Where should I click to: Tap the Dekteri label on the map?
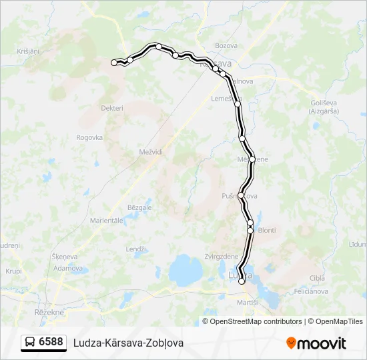coord(112,108)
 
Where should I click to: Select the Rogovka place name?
coord(89,137)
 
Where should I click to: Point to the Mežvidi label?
coord(151,152)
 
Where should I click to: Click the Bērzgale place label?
coord(139,207)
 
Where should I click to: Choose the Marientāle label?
coord(106,220)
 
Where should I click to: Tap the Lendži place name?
coord(136,249)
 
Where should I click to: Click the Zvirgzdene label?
coord(222,257)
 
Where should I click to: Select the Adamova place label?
coord(68,268)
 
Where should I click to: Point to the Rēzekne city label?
coord(48,311)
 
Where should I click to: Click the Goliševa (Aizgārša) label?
coord(324,107)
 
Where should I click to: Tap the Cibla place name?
coord(316,277)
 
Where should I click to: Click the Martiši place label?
coord(247,303)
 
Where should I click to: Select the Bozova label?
coord(226,45)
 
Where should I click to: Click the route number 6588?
coord(51,342)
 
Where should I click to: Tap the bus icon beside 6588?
coord(31,342)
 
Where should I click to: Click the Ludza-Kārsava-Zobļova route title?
coord(128,343)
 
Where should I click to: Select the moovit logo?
coord(316,343)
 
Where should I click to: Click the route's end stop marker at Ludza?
coord(242,282)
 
